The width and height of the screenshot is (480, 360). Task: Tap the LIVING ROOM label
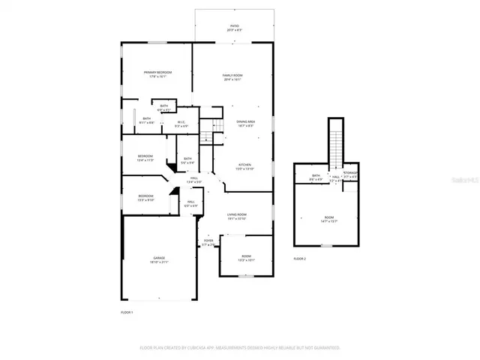pyautogui.click(x=237, y=216)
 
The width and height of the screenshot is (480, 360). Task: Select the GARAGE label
pyautogui.click(x=159, y=259)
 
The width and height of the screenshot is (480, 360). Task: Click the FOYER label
pyautogui.click(x=208, y=242)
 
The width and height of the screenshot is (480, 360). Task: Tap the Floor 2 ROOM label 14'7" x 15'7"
pyautogui.click(x=328, y=219)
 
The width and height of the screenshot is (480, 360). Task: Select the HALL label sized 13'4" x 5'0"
pyautogui.click(x=193, y=180)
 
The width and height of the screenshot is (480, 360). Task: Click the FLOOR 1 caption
pyautogui.click(x=127, y=311)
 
